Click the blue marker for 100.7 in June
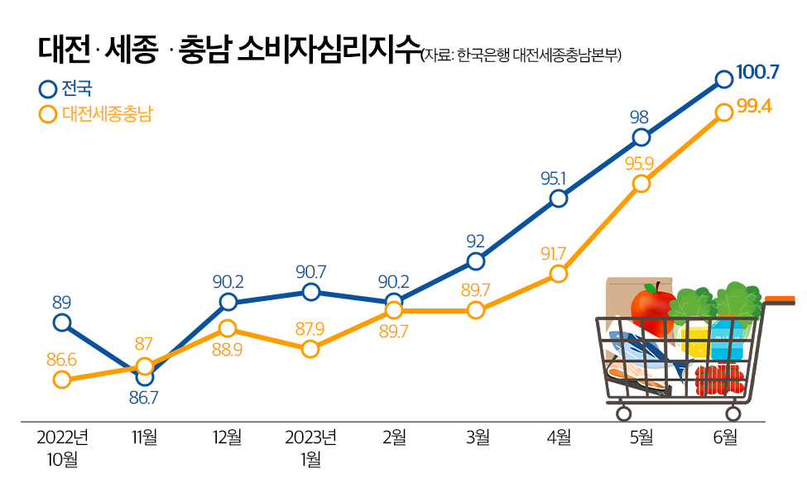723,79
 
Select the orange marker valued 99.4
723,112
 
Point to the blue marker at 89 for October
61,323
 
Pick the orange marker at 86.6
61,380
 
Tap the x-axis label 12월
227,438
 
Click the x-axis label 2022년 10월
61,447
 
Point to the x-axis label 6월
723,438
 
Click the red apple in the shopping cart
652,306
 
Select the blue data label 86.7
143,398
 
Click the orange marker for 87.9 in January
310,349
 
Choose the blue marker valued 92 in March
475,261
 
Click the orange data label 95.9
639,163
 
